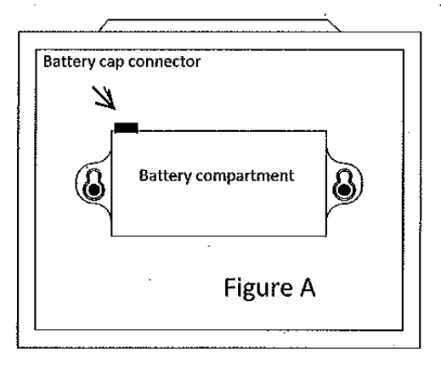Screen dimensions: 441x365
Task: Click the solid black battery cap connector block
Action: pos(126,128)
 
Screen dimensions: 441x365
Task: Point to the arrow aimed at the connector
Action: pos(104,98)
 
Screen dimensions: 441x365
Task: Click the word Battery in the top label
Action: pos(69,62)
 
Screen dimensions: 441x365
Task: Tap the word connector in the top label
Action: pos(164,62)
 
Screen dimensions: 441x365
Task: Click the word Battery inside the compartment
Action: pos(165,176)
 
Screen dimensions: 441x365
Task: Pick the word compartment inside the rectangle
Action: pos(245,177)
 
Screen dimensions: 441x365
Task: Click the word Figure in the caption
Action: pos(258,288)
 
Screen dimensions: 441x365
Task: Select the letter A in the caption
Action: pos(308,288)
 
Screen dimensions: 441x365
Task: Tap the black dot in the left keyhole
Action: pos(93,189)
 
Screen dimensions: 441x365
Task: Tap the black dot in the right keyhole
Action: pos(344,189)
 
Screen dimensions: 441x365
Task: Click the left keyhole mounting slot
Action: pos(93,184)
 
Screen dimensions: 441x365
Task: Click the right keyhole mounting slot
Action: pos(344,184)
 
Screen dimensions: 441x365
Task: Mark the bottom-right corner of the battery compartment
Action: pos(326,236)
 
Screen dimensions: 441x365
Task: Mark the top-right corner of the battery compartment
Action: pos(326,131)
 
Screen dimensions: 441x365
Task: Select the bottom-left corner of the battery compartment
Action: pos(111,236)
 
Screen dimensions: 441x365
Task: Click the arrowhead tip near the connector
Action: pos(116,109)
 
